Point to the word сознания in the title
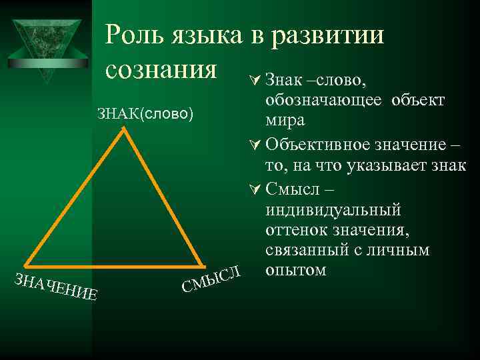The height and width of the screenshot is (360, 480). click(x=162, y=69)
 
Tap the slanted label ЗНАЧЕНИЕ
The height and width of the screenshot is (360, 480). click(x=57, y=287)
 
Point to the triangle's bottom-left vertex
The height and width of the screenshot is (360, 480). click(x=26, y=264)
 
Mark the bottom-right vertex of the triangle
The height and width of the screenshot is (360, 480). click(x=201, y=263)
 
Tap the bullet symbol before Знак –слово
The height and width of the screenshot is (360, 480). click(x=254, y=81)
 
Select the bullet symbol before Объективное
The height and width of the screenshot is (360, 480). click(x=254, y=144)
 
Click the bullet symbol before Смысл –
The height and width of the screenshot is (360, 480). click(x=254, y=189)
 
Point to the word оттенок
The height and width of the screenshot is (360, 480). click(x=298, y=231)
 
